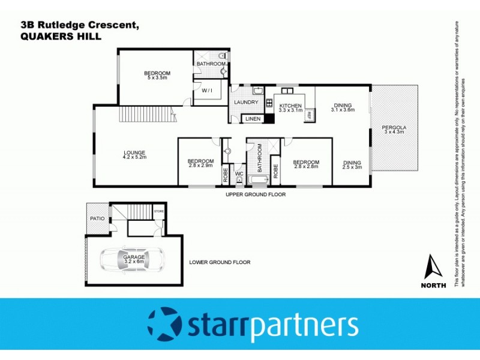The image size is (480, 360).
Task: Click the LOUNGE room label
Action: point(134,152)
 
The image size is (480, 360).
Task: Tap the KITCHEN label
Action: point(290,105)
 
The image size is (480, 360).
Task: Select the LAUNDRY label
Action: point(247,102)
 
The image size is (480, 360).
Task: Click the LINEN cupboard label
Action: point(252,119)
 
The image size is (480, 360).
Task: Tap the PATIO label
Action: point(98,219)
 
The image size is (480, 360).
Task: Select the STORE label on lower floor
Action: point(158,212)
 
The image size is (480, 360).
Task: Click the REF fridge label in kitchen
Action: point(310,113)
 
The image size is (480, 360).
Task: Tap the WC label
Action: point(238,174)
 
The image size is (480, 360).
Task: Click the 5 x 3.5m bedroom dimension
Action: point(158,77)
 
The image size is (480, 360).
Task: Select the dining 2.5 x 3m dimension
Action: point(352,167)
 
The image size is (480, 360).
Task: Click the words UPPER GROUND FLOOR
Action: point(256,195)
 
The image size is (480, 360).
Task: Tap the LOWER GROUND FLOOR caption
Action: point(220,262)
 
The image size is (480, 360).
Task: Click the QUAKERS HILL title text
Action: point(55,37)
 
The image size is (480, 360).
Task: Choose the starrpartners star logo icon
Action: point(163,324)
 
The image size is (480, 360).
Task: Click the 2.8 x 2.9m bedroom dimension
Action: point(200,164)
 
